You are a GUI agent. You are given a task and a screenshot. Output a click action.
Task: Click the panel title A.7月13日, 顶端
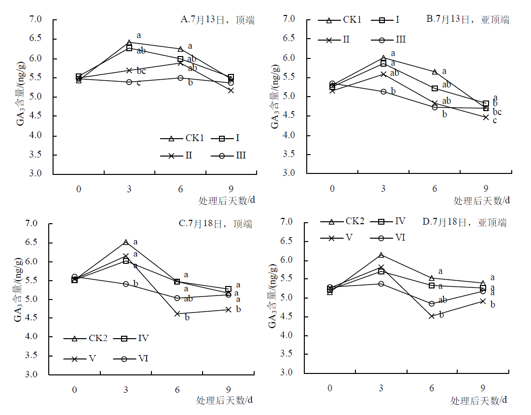pyautogui.click(x=218, y=20)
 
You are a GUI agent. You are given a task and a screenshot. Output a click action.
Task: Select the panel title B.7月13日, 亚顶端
pyautogui.click(x=467, y=19)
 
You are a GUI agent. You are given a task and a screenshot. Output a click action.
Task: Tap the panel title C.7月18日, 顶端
pyautogui.click(x=215, y=224)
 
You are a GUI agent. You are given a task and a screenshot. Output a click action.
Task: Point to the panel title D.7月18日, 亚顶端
pyautogui.click(x=464, y=222)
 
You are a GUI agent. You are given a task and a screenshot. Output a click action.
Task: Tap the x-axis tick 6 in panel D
pyautogui.click(x=432, y=388)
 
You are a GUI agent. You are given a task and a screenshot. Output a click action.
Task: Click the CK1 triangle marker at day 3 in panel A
pyautogui.click(x=129, y=43)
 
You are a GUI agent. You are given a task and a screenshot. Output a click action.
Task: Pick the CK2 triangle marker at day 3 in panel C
pyautogui.click(x=126, y=242)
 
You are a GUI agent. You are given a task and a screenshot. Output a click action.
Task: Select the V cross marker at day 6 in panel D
pyautogui.click(x=432, y=316)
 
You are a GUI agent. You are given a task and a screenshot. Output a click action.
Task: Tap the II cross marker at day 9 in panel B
pyautogui.click(x=486, y=117)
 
